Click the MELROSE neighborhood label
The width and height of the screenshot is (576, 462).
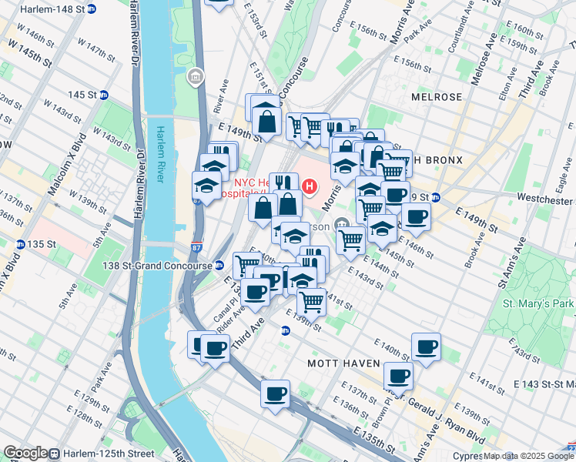(436, 97)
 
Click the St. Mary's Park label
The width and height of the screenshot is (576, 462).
(538, 303)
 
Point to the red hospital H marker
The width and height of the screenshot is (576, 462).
(310, 186)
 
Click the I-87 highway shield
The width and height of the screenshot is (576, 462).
(197, 249)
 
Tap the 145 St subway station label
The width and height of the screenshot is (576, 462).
(86, 95)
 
